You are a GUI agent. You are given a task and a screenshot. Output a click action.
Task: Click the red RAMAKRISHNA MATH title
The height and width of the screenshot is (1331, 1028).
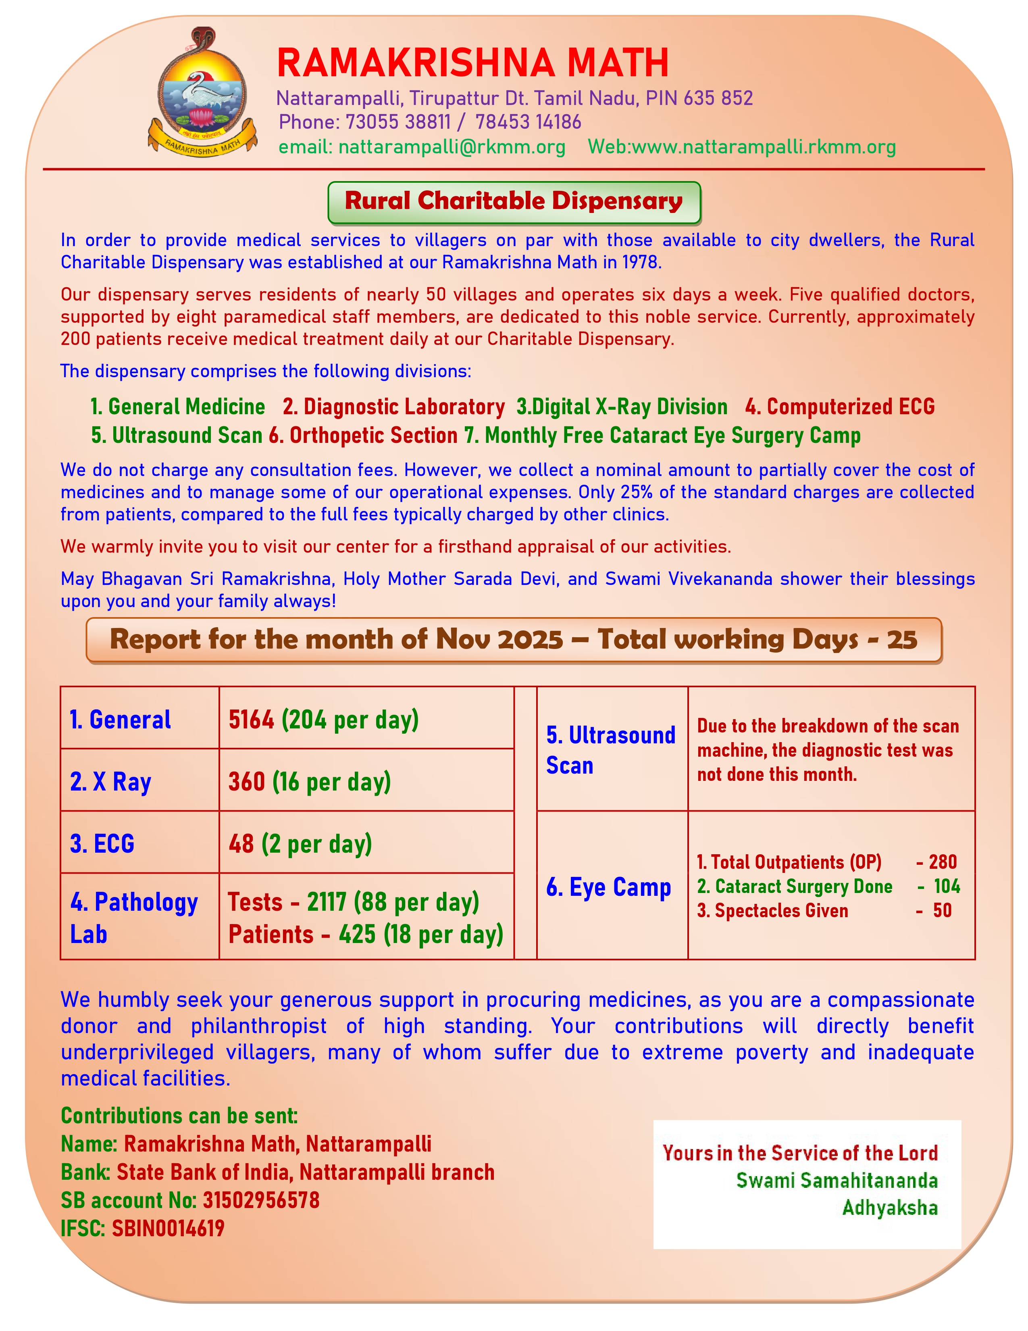pos(472,63)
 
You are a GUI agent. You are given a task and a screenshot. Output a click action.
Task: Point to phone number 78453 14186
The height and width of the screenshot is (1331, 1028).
pos(528,122)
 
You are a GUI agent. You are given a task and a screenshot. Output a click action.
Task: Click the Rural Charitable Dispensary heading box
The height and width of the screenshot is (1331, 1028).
pos(514,202)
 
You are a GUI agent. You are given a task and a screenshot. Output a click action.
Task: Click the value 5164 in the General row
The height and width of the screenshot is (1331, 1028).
pos(251,720)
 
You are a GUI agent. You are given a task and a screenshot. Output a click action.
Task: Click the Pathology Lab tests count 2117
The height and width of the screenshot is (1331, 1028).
pos(327,902)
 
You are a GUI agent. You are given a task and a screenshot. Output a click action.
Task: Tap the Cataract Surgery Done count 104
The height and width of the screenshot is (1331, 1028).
pos(947,886)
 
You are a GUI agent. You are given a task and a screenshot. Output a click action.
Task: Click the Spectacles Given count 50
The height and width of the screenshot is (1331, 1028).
pos(942,910)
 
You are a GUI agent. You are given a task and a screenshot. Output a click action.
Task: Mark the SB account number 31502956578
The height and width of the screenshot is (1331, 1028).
pos(261,1200)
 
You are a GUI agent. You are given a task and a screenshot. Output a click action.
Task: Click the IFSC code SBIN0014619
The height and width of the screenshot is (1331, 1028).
pos(167,1228)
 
